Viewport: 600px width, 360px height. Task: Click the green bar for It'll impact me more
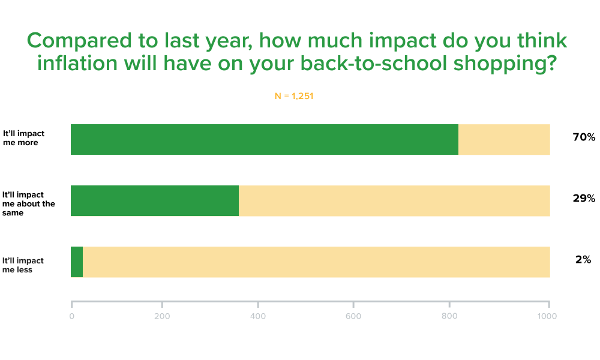click(265, 140)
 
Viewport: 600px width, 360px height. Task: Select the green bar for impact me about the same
click(155, 201)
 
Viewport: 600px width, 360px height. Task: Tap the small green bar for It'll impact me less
click(77, 262)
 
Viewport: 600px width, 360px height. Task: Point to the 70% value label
click(584, 137)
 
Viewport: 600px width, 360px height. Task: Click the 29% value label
click(584, 198)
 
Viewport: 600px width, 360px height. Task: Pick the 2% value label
click(583, 259)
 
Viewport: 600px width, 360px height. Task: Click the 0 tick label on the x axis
click(71, 316)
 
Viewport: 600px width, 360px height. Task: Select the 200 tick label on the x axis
click(162, 316)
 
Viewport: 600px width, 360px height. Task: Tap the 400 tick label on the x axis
click(258, 316)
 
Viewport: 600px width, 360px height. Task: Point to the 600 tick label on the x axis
click(353, 316)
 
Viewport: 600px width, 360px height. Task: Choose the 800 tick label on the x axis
click(449, 316)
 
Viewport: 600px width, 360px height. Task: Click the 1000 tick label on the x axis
click(547, 316)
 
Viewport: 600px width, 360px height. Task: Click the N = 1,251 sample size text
click(294, 96)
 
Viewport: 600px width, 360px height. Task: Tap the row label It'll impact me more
click(23, 138)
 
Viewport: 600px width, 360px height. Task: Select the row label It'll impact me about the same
click(28, 203)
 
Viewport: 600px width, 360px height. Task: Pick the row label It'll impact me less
click(23, 265)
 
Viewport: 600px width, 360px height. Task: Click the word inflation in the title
click(77, 63)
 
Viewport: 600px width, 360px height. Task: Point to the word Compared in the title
click(79, 41)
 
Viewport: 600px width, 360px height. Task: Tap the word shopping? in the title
click(505, 64)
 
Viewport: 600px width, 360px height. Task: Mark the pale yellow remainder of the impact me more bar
click(505, 140)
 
